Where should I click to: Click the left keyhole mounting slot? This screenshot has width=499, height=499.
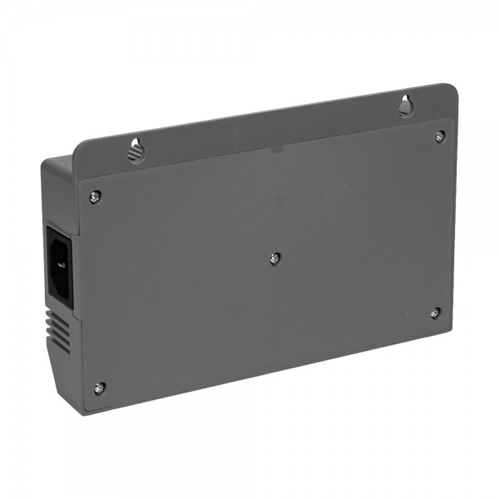point(136,151)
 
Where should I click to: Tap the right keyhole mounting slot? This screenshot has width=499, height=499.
point(405,106)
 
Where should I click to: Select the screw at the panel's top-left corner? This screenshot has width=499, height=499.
point(96,195)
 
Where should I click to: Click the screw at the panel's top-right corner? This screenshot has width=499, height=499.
point(439,136)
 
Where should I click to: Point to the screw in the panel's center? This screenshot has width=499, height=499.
point(275,259)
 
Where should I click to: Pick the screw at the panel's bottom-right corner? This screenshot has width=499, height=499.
point(435,313)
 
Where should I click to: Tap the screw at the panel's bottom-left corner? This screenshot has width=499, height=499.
point(99,387)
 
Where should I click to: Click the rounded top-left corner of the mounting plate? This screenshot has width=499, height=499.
point(79,145)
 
